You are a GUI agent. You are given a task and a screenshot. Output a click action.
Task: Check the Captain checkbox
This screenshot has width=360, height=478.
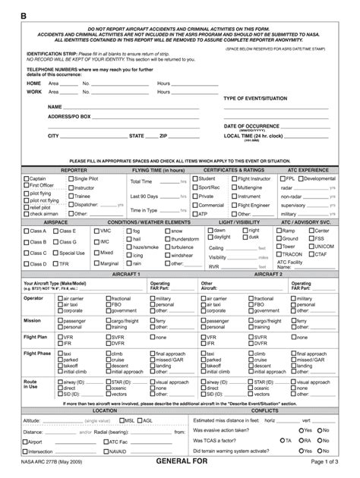(26, 179)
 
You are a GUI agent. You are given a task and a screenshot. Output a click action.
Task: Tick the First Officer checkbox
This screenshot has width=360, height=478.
(26, 186)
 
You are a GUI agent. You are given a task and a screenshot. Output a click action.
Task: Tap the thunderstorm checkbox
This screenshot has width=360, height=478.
(168, 239)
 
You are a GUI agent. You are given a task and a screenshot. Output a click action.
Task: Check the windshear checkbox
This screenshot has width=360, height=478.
(168, 256)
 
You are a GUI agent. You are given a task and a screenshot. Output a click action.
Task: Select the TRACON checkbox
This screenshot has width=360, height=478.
(278, 255)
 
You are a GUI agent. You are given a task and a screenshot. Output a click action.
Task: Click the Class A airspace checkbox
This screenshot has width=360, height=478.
(26, 231)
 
